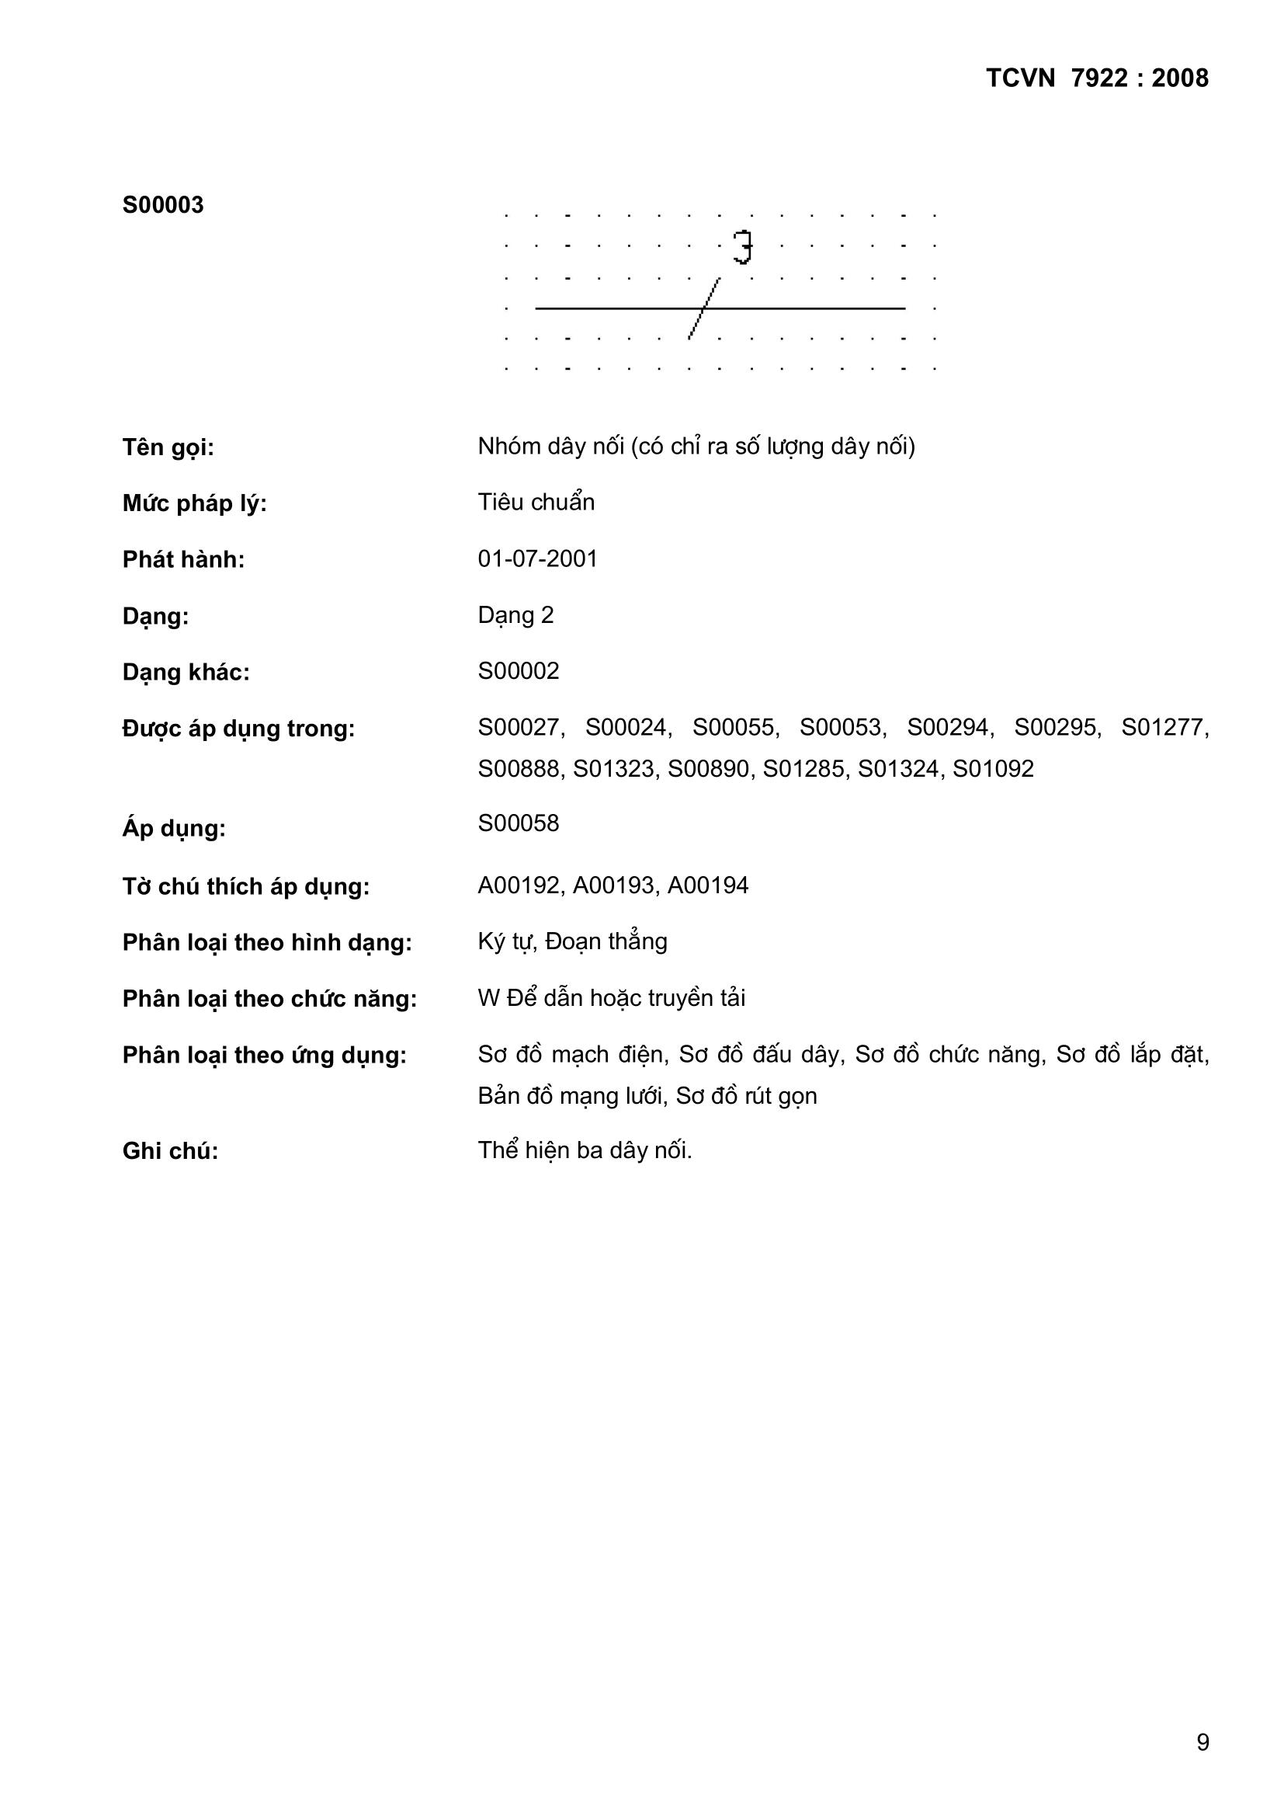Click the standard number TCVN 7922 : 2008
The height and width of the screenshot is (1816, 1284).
(1097, 78)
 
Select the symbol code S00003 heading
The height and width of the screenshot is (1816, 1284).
(163, 206)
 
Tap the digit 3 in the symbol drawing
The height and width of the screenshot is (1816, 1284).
(742, 247)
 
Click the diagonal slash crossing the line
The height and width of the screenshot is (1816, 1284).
(704, 308)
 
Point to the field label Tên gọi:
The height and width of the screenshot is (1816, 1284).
(168, 447)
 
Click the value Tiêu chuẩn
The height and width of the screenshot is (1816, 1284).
(536, 503)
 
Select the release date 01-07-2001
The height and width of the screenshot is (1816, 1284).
(538, 559)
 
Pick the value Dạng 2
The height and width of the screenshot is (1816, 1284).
(515, 615)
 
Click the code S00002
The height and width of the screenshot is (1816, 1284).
(518, 671)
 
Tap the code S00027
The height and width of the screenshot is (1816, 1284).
(519, 728)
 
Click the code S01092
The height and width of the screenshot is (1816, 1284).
(992, 769)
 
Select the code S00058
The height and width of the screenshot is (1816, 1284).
(518, 823)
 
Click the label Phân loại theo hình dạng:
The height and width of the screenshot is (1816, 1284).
(266, 943)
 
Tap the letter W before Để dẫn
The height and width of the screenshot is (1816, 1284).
(488, 998)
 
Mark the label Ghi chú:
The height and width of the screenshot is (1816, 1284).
(170, 1151)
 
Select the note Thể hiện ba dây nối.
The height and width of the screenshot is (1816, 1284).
(585, 1150)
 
